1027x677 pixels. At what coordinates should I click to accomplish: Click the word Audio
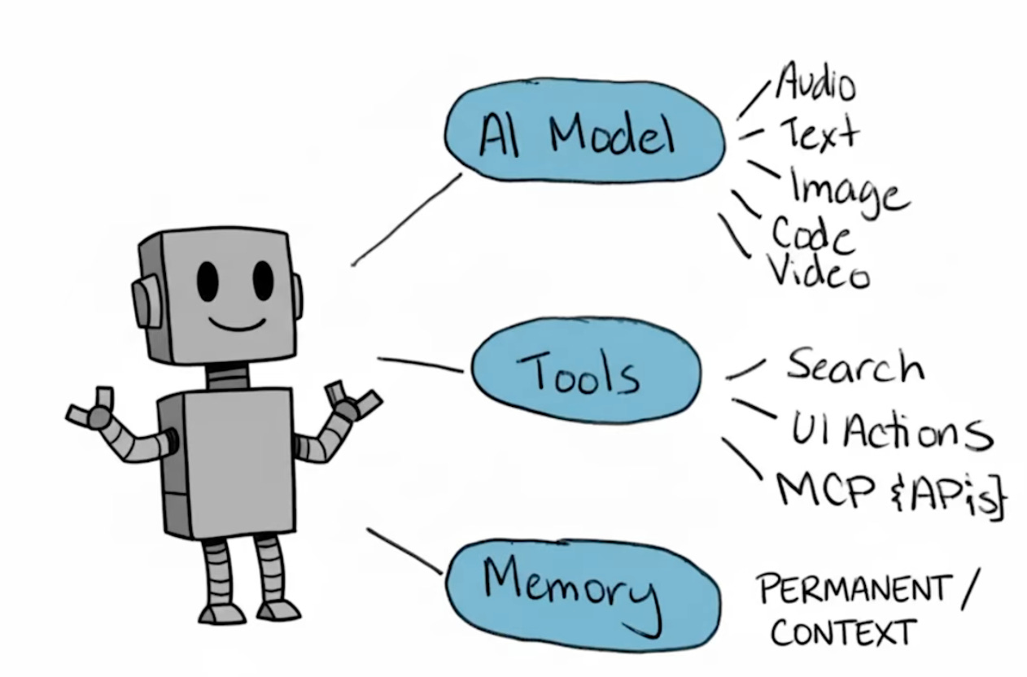[815, 84]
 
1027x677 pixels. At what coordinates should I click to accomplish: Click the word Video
[819, 271]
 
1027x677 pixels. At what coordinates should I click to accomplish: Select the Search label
[854, 365]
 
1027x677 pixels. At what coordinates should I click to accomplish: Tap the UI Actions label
[891, 429]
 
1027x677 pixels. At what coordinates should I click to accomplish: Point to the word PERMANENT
[854, 588]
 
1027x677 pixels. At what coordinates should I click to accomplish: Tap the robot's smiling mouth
[236, 323]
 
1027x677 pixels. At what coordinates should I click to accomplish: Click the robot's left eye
[208, 280]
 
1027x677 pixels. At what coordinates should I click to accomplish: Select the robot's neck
[227, 377]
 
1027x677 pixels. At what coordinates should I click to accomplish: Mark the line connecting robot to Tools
[420, 364]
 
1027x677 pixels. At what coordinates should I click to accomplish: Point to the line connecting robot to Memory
[404, 551]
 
